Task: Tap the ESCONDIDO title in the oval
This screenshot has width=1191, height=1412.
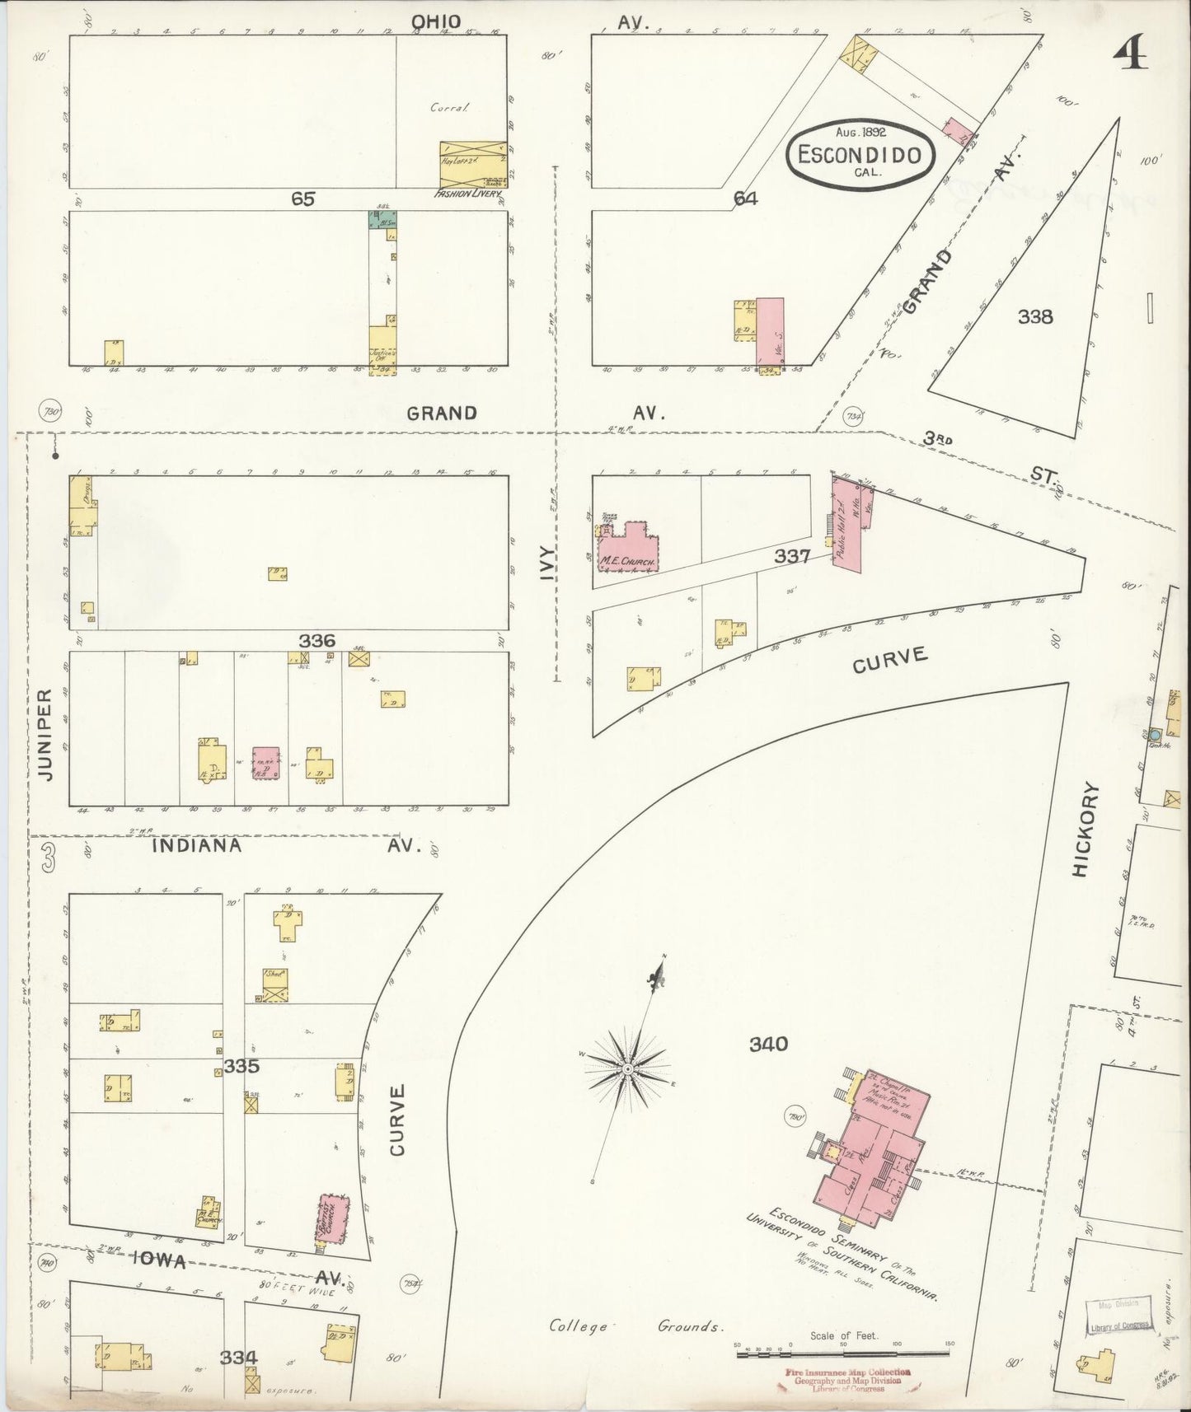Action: point(860,154)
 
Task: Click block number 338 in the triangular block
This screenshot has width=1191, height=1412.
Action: point(1035,316)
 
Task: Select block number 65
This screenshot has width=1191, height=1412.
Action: point(302,199)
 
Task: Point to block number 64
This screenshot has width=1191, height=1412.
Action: point(745,199)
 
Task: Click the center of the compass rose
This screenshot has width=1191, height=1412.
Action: point(626,1068)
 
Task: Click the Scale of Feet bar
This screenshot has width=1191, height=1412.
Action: point(842,1353)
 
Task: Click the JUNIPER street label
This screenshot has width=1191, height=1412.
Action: point(47,735)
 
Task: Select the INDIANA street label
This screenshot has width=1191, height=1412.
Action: point(197,846)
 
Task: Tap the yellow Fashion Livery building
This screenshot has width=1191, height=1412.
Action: point(471,164)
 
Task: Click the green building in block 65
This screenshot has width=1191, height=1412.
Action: point(382,220)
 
